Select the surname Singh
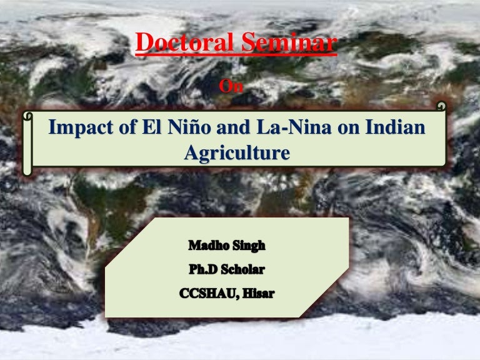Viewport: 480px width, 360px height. pyautogui.click(x=250, y=246)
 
